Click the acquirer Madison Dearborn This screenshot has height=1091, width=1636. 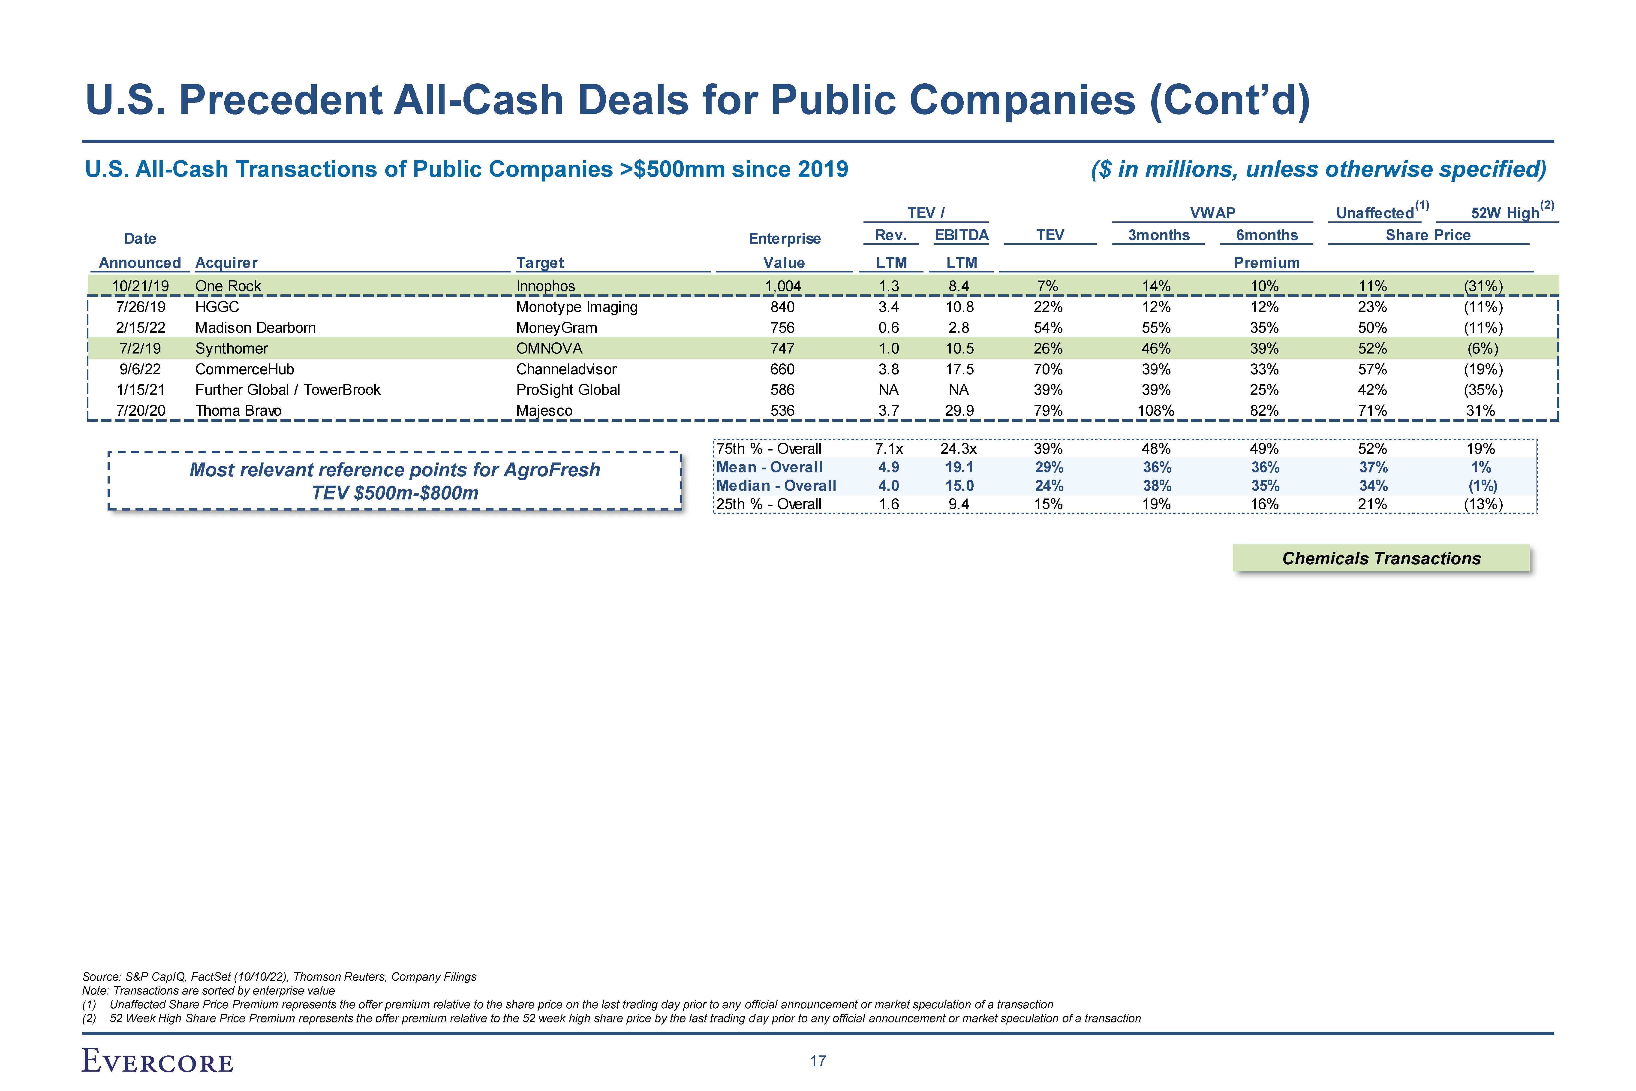click(x=255, y=328)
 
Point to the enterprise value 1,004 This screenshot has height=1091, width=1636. click(x=783, y=286)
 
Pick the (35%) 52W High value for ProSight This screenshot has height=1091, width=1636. click(x=1483, y=390)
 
